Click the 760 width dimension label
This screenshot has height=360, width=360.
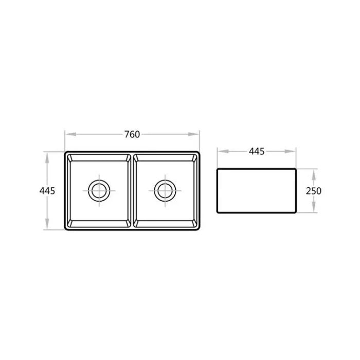click(x=132, y=134)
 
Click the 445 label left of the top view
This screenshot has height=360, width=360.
click(x=47, y=190)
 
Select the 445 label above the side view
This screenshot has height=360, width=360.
click(x=257, y=151)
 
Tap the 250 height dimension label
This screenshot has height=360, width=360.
click(x=313, y=191)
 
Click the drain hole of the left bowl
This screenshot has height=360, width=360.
click(x=98, y=190)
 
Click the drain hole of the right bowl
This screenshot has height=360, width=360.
click(x=166, y=190)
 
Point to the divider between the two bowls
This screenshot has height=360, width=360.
click(x=132, y=190)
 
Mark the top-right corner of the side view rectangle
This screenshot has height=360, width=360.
click(x=296, y=168)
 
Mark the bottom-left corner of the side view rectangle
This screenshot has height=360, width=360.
click(x=218, y=213)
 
